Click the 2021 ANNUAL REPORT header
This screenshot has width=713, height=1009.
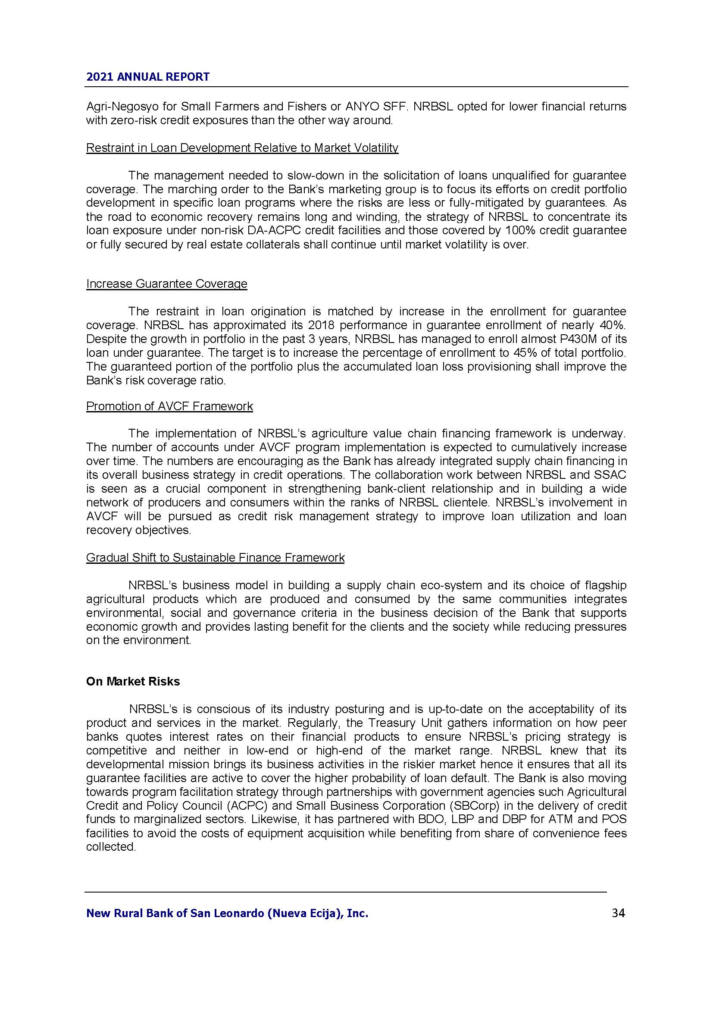147,77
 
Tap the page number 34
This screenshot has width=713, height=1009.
618,913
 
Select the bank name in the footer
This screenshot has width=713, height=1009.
227,914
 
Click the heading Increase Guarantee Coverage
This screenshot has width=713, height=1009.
166,284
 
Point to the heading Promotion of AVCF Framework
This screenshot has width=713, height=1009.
169,406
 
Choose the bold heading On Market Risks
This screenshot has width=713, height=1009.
133,682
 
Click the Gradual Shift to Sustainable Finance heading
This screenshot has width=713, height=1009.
215,558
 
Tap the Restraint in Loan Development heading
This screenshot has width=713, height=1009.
242,148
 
